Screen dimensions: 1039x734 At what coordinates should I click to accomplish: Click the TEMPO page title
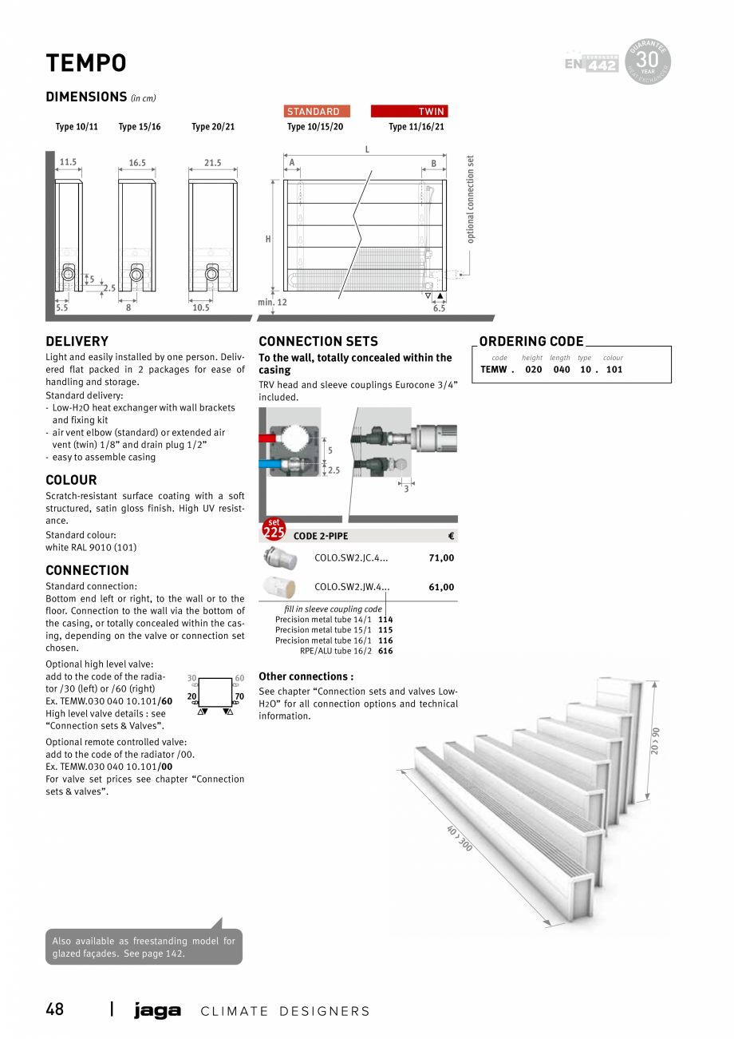pos(86,63)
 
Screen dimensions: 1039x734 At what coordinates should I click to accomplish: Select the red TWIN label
pos(408,111)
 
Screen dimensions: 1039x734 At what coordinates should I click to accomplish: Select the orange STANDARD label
pos(317,111)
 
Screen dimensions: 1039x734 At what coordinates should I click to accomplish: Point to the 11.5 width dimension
pos(68,162)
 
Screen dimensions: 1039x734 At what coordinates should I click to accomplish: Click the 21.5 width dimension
pos(212,163)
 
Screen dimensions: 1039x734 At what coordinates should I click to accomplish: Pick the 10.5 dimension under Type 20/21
pos(201,307)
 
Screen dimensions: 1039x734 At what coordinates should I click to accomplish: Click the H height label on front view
pos(268,239)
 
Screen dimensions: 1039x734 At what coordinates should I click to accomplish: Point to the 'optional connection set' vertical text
pos(471,199)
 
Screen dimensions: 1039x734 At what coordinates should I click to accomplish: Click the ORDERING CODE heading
pos(531,341)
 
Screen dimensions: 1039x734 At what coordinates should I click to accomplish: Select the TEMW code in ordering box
pos(494,370)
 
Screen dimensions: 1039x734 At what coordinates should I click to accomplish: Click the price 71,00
pos(441,558)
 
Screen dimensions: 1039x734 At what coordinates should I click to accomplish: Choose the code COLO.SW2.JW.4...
pos(352,587)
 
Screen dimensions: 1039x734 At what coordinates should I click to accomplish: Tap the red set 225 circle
pos(274,530)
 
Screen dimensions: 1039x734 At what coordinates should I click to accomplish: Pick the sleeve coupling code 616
pos(385,651)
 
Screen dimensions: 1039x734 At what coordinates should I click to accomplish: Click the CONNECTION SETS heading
pos(318,341)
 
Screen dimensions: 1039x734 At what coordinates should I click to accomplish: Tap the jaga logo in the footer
pos(157,1011)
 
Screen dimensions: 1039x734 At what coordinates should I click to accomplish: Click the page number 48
pos(54,1009)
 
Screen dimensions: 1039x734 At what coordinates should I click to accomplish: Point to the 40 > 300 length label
pos(460,838)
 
